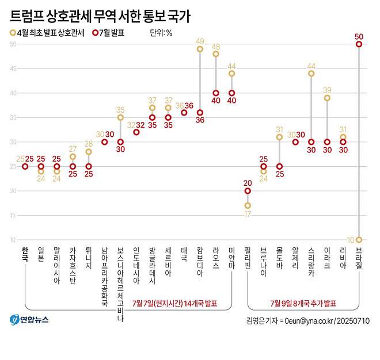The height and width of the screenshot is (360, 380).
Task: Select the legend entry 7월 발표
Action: [x=108, y=33]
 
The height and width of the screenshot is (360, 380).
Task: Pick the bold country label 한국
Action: [x=24, y=252]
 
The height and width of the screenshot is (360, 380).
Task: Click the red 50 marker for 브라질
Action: [x=359, y=44]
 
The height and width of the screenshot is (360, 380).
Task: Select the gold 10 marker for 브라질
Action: [x=359, y=240]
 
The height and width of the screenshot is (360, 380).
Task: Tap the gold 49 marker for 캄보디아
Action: [x=200, y=49]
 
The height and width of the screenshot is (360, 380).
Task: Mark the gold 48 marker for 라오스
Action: [x=216, y=54]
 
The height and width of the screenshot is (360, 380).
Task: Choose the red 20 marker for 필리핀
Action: [x=248, y=191]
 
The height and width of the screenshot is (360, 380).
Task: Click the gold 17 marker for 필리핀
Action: [x=248, y=205]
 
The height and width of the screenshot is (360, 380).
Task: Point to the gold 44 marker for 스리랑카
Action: [x=311, y=74]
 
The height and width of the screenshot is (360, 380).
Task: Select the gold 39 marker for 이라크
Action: [x=327, y=98]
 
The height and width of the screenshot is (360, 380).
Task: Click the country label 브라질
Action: [x=359, y=256]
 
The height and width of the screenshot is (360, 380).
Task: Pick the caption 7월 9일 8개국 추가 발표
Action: [x=303, y=303]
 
